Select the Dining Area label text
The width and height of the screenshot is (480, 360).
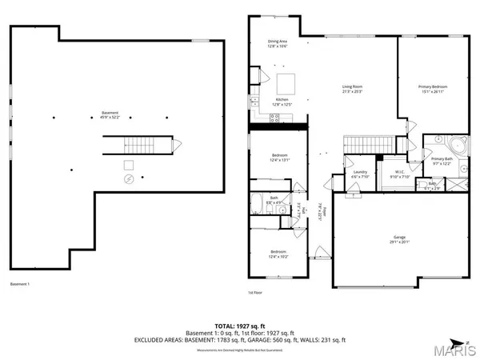[277, 44]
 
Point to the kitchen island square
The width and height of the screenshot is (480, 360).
[286, 83]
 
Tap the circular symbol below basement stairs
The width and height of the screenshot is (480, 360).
[128, 179]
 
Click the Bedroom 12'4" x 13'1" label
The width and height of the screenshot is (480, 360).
[278, 157]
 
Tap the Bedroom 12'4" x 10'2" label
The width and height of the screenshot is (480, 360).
[278, 254]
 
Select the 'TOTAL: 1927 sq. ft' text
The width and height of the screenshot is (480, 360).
[240, 326]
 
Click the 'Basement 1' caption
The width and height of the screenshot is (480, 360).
[19, 284]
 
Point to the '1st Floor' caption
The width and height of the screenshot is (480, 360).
[255, 293]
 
